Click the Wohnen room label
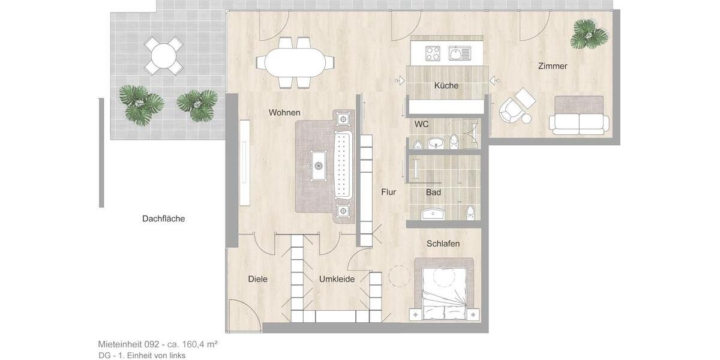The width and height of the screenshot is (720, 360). tap(284, 113)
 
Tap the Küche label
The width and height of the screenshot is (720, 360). tap(446, 86)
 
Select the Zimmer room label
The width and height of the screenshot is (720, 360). tap(553, 66)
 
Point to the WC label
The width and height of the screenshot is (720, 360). tap(422, 124)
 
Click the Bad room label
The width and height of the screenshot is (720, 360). tap(433, 192)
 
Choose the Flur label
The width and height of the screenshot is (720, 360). tap(389, 192)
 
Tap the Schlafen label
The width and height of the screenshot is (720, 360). tap(443, 244)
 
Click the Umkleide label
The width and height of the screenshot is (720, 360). tap(337, 279)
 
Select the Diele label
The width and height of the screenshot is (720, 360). tap(258, 279)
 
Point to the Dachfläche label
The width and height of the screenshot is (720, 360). tap(163, 219)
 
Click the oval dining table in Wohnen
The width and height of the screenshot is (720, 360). tap(295, 61)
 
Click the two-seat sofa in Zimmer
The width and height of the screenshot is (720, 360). tap(579, 115)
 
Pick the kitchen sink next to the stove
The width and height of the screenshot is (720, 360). tap(461, 53)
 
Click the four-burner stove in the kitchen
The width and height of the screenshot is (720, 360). tap(433, 53)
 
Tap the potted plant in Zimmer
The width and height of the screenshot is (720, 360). tap(588, 34)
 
